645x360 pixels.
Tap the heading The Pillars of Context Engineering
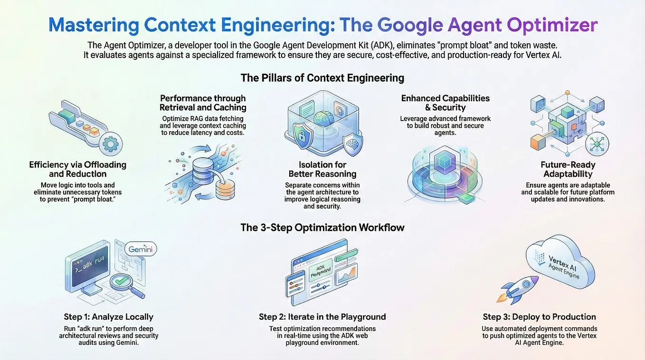point(322,77)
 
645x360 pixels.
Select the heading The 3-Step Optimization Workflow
point(322,227)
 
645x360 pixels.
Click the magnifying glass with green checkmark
point(124,284)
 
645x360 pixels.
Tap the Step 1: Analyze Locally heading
point(108,317)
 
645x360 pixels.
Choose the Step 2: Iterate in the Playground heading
point(322,317)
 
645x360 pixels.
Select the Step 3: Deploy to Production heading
point(539,317)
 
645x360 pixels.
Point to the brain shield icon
point(352,142)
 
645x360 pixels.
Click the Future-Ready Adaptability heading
point(568,170)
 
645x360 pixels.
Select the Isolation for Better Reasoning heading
point(322,169)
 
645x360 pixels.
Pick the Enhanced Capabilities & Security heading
point(445,103)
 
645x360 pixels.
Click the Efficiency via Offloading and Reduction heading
point(77,169)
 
